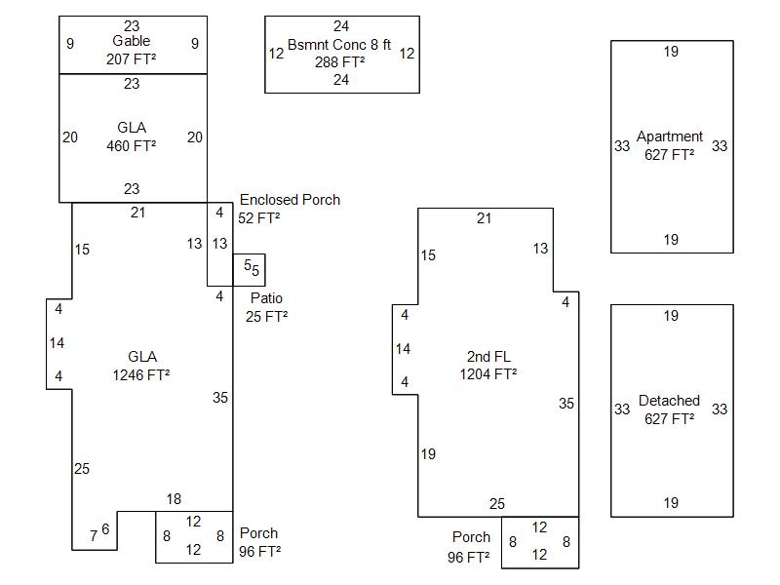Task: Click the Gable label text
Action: (x=132, y=41)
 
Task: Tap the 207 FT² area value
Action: (x=132, y=58)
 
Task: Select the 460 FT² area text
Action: (x=132, y=146)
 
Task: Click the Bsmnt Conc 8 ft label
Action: (x=339, y=45)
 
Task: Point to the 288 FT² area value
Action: (x=339, y=61)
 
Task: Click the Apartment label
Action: (x=670, y=136)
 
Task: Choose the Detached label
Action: (x=669, y=401)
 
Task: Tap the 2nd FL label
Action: (x=488, y=357)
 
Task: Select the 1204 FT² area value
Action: (x=488, y=373)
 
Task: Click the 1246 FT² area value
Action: (x=141, y=373)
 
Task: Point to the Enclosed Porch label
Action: (x=290, y=200)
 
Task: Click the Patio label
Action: (x=266, y=298)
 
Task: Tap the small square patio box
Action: (x=249, y=270)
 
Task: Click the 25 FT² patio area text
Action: (x=268, y=316)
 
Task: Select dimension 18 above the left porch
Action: (x=174, y=499)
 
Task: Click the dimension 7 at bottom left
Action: (x=94, y=535)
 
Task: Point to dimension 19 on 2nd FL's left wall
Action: (x=428, y=454)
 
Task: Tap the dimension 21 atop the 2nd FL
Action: (x=485, y=218)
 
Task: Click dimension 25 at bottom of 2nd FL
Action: (x=497, y=504)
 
